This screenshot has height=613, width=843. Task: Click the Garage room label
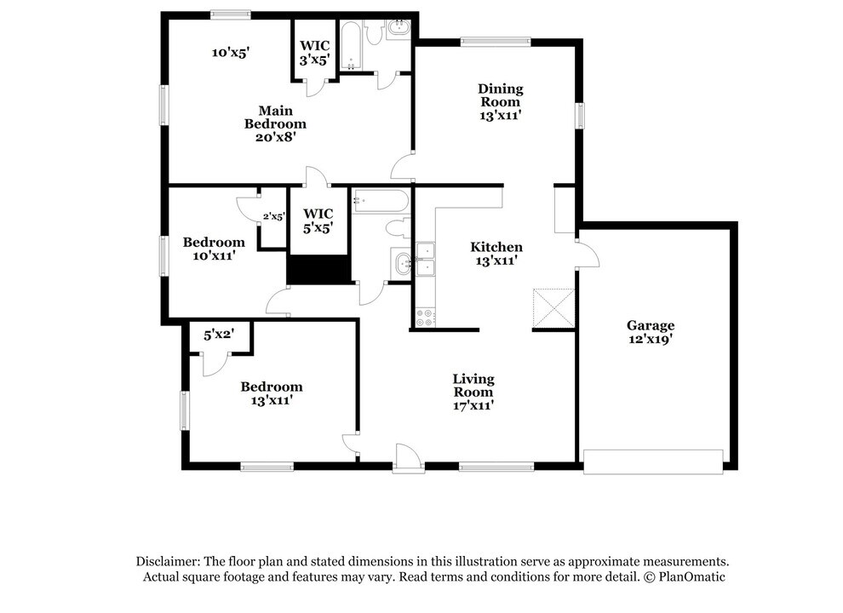651,331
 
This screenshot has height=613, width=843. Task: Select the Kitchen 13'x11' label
496,254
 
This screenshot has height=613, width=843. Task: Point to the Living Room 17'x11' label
473,392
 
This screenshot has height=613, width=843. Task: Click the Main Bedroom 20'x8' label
275,123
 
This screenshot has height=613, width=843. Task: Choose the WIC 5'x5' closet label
318,220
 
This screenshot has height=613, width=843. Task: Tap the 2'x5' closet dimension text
273,216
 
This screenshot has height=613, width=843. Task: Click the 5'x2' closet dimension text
218,335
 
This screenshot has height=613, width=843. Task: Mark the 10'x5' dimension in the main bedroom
230,53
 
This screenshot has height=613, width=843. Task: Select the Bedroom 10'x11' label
214,248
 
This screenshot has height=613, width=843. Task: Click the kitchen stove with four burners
424,318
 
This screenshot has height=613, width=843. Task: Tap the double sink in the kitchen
424,260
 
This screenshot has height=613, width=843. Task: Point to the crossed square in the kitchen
553,307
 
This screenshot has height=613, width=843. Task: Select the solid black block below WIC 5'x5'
319,269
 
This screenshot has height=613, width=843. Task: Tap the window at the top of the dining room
496,40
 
